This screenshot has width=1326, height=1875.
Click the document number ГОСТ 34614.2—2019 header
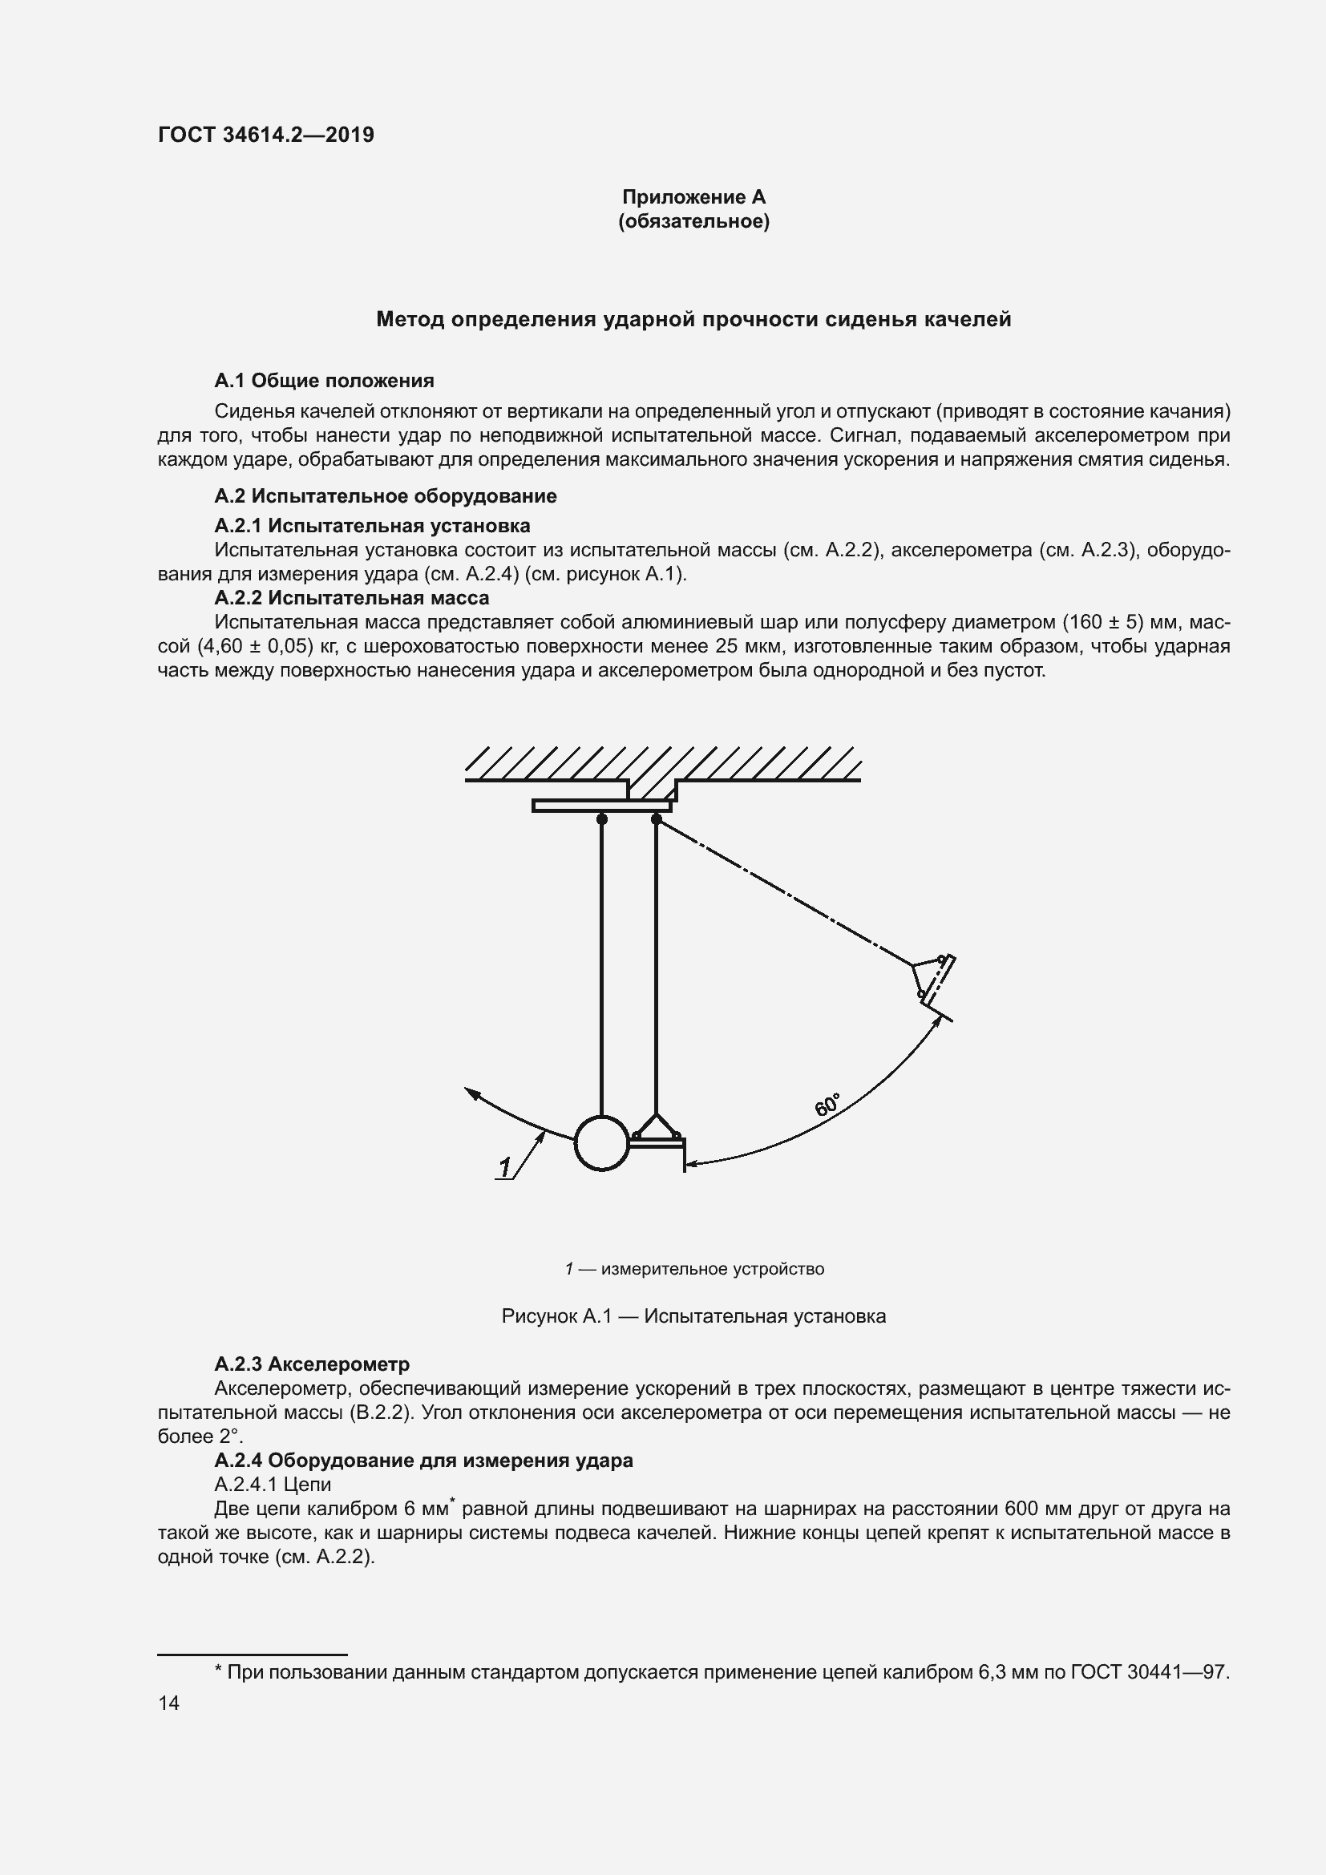tap(265, 135)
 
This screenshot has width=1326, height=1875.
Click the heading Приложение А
tap(693, 197)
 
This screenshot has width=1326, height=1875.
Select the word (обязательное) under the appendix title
tap(693, 221)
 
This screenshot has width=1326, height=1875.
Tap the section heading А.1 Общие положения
tap(324, 381)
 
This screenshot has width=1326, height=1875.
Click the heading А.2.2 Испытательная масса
tap(352, 598)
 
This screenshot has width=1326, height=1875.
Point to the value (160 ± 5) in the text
tap(1101, 622)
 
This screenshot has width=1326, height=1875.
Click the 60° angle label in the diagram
tap(827, 1105)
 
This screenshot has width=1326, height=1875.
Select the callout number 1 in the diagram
tap(504, 1169)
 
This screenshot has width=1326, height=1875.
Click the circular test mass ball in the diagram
tap(602, 1143)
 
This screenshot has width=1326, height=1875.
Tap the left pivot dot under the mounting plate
tap(602, 819)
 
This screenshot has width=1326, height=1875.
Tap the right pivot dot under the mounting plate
tap(657, 819)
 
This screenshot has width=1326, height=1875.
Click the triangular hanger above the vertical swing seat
tap(656, 1127)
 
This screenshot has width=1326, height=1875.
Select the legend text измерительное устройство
tap(712, 1269)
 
